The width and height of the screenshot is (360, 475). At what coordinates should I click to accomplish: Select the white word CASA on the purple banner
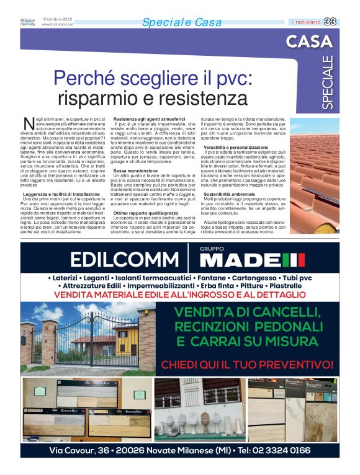coord(309,42)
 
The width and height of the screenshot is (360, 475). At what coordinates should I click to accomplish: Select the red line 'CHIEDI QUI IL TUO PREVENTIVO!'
coord(247,364)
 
